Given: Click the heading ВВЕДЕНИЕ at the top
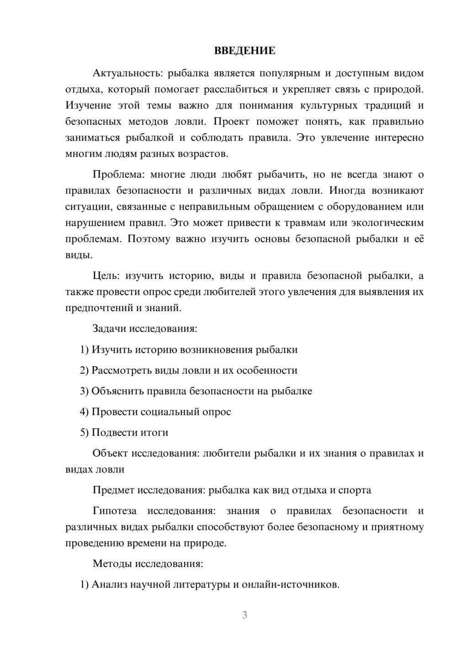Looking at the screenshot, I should pyautogui.click(x=244, y=51).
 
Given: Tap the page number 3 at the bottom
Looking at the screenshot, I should pyautogui.click(x=244, y=615).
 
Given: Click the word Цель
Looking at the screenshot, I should pyautogui.click(x=106, y=275).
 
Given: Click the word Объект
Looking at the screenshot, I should pyautogui.click(x=110, y=453).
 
